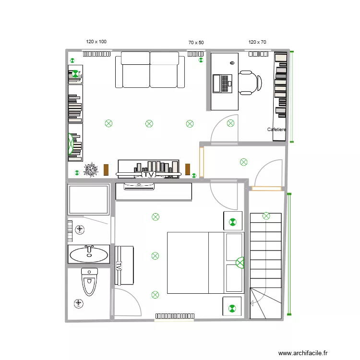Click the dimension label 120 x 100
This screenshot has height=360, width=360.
(96, 42)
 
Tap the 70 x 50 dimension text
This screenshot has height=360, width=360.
(196, 43)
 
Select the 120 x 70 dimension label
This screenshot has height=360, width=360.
(257, 42)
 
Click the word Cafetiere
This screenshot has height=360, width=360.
(276, 130)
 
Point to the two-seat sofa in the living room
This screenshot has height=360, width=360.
(150, 70)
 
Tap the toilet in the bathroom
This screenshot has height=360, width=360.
(89, 282)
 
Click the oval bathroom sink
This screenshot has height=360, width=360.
(89, 254)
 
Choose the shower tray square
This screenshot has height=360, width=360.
(88, 199)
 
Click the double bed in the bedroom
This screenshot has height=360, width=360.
(205, 263)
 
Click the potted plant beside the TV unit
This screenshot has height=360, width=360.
(90, 170)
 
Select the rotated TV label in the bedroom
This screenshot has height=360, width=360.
(119, 265)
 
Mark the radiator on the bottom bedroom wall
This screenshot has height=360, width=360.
(175, 316)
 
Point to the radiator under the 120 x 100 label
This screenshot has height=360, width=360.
(97, 54)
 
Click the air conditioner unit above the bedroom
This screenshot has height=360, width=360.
(139, 187)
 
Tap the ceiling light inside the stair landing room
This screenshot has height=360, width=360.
(243, 162)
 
